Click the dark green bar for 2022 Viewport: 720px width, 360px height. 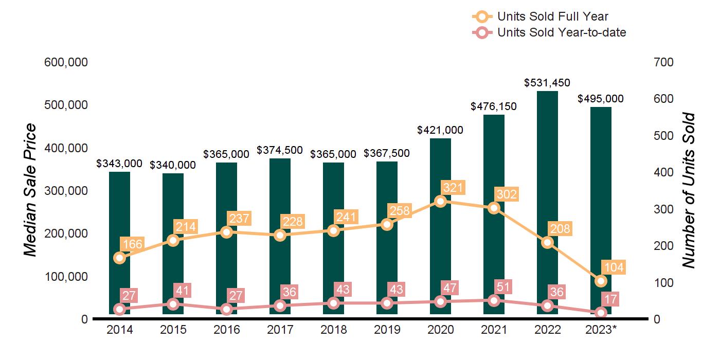click(547, 203)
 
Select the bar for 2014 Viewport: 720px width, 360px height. click(119, 243)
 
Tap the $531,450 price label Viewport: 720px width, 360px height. click(547, 83)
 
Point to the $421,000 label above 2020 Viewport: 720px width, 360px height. click(440, 130)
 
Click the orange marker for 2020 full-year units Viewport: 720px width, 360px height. click(440, 202)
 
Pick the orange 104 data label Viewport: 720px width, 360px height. click(614, 267)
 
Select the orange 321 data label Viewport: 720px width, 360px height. click(453, 187)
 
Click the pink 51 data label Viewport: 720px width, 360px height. click(503, 287)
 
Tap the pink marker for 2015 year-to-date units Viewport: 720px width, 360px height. click(173, 304)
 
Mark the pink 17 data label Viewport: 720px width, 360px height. click(610, 299)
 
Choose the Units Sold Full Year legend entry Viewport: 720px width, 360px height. click(541, 16)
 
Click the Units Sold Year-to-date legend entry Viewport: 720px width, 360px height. click(549, 32)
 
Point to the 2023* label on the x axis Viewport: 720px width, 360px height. click(601, 330)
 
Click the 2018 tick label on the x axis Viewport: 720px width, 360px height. click(334, 330)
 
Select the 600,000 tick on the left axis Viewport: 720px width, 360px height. click(66, 62)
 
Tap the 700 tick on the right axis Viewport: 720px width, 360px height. click(663, 62)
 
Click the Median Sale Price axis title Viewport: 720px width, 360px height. click(30, 190)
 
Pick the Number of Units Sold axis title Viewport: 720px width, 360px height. click(689, 190)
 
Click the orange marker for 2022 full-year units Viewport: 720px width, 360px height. click(547, 242)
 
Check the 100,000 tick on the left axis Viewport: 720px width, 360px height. click(66, 277)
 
